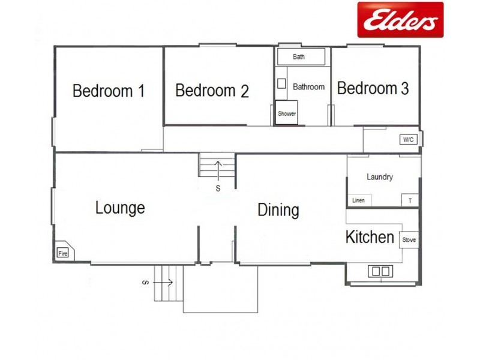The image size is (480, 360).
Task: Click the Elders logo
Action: point(400,20)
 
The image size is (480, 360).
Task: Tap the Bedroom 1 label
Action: point(109,91)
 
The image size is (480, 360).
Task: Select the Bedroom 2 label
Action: point(212,91)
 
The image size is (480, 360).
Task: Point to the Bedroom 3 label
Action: point(373,89)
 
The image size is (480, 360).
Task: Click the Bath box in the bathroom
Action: point(300,57)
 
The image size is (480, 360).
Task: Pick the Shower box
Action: point(287,113)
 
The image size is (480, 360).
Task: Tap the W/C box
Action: point(408,140)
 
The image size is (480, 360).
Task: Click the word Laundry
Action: point(380,177)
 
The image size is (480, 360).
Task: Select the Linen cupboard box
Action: point(359,200)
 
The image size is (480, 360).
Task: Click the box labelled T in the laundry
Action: point(410,200)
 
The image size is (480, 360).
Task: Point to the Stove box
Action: point(409,240)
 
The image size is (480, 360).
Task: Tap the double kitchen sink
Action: point(379,271)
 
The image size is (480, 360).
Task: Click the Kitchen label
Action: point(370,237)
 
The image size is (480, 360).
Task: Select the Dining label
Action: point(278,211)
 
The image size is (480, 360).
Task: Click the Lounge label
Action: point(120,208)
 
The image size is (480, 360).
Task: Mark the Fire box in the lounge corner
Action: point(64,253)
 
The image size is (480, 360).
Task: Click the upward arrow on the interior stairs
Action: point(218,170)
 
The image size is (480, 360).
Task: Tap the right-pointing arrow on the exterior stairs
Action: point(166,282)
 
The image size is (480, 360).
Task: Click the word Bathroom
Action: point(308,87)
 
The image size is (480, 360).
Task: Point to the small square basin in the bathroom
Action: point(281,83)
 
